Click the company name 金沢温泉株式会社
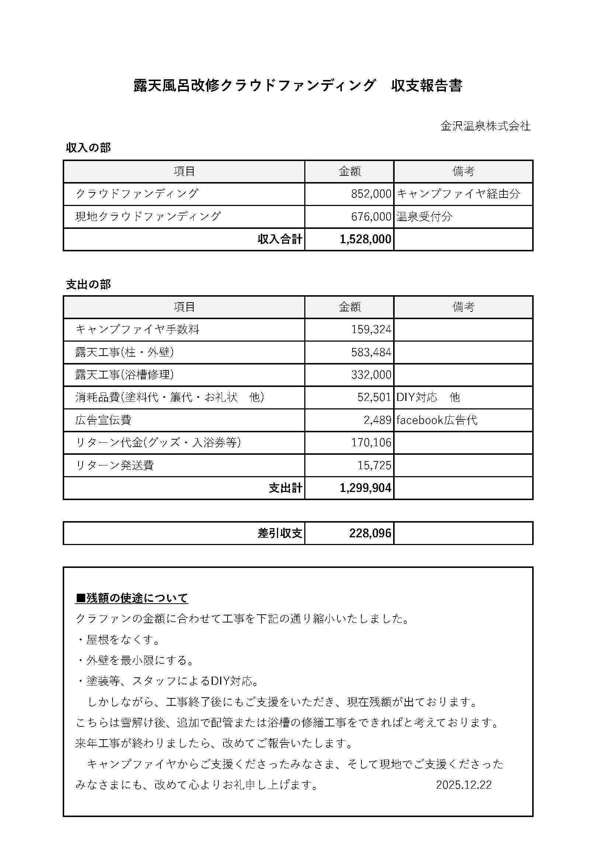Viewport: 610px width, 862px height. pos(485,126)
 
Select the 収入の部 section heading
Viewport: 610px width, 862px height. pos(89,148)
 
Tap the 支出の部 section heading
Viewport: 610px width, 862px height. pos(89,285)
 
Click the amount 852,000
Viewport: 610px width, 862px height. pos(371,194)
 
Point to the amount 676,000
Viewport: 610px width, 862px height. pos(371,217)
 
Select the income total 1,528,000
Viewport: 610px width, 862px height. pos(365,239)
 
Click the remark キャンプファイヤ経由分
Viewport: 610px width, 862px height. pos(458,194)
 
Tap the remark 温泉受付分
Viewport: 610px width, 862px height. pos(424,217)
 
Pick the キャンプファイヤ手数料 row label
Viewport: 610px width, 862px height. pos(138,329)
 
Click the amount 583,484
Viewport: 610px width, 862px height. pos(371,352)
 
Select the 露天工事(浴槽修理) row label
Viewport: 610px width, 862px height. pos(125,375)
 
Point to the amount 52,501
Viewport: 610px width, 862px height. pos(374,397)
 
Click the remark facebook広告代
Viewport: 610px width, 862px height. pos(437,420)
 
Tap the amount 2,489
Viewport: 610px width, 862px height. pos(377,420)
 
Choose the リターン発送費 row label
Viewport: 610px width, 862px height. pos(115,465)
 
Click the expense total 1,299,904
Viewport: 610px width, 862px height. pos(365,488)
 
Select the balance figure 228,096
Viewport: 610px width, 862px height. pos(370,533)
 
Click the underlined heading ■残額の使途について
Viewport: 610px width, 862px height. pos(132,598)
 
